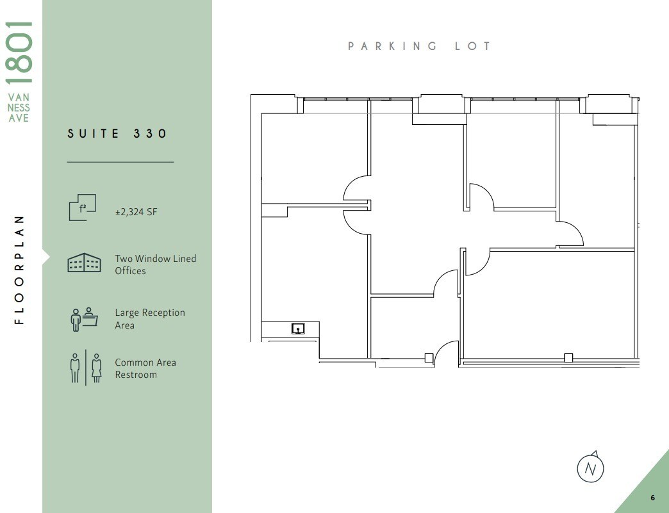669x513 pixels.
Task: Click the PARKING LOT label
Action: (x=420, y=46)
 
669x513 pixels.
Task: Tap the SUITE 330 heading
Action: (x=117, y=133)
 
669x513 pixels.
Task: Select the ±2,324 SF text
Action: (x=136, y=212)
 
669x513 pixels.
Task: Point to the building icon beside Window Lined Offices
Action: (x=84, y=263)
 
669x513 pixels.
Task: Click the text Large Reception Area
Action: (x=149, y=319)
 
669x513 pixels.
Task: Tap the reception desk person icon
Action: (x=84, y=318)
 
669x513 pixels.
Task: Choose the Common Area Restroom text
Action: (x=145, y=368)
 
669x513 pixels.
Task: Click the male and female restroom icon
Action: (x=86, y=368)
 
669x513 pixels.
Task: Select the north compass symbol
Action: (x=591, y=468)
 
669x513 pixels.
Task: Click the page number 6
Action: (x=652, y=498)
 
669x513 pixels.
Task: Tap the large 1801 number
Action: (x=19, y=52)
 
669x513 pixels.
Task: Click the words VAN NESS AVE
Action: (x=19, y=108)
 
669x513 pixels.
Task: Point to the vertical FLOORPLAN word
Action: (x=19, y=269)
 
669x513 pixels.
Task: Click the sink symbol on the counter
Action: (x=298, y=329)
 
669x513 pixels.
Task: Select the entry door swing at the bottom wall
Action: (x=446, y=353)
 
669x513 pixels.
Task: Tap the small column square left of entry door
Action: (x=429, y=357)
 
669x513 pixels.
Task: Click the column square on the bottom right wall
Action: (x=568, y=357)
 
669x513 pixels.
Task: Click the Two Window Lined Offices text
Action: (x=155, y=265)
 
